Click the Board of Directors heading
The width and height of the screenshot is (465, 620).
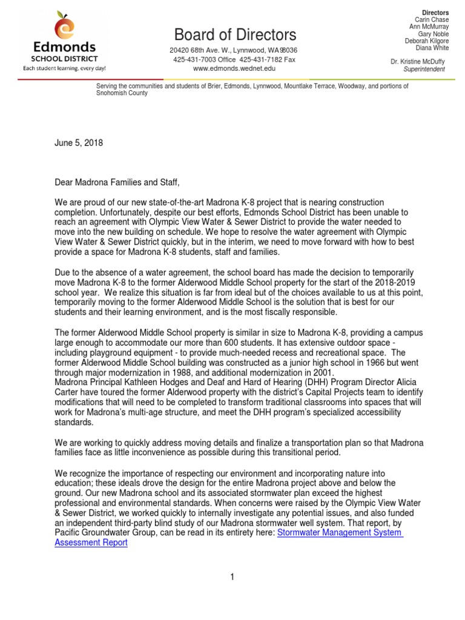pyautogui.click(x=236, y=34)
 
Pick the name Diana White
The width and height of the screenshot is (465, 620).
pyautogui.click(x=432, y=48)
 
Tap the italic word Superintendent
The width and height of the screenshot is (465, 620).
pyautogui.click(x=424, y=69)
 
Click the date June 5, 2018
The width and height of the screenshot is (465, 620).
pyautogui.click(x=79, y=143)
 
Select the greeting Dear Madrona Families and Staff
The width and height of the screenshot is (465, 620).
pyautogui.click(x=117, y=182)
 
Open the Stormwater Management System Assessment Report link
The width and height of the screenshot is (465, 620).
pyautogui.click(x=339, y=533)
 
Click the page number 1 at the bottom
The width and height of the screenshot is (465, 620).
pyautogui.click(x=231, y=577)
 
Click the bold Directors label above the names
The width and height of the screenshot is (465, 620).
pyautogui.click(x=435, y=13)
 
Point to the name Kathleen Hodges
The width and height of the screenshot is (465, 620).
pyautogui.click(x=153, y=382)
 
